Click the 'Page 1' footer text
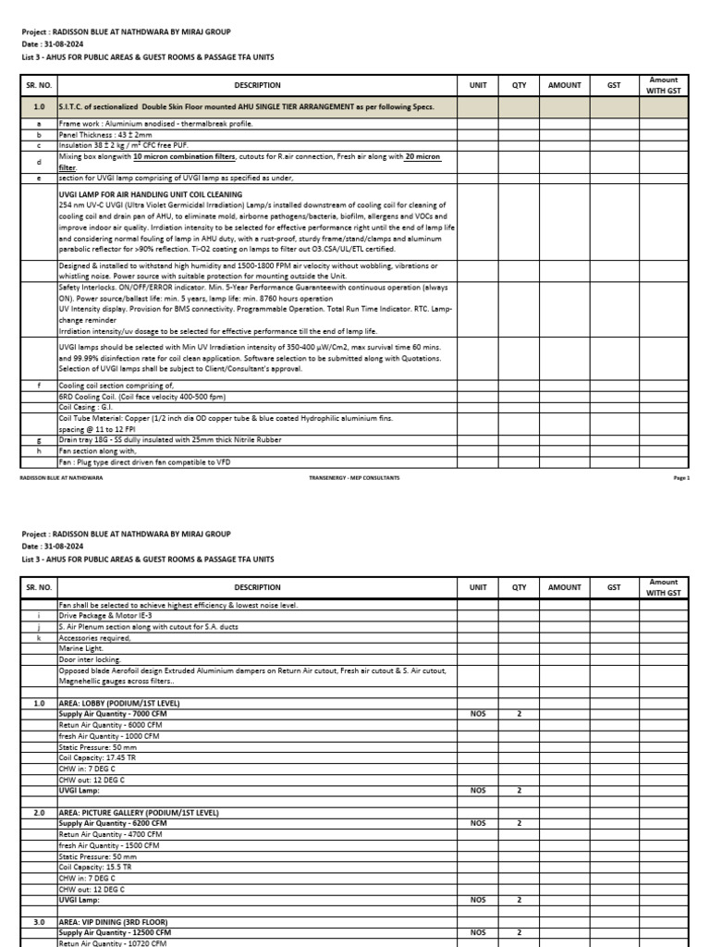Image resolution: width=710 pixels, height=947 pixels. (682, 477)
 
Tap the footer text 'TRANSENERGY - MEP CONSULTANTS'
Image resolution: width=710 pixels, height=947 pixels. (354, 477)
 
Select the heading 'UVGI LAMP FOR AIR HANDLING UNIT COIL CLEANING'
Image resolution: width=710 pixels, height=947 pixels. (150, 194)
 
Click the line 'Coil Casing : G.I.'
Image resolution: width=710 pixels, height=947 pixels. (86, 406)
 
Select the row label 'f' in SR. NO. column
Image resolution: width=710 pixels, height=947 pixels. (38, 385)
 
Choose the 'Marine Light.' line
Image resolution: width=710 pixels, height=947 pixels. (81, 648)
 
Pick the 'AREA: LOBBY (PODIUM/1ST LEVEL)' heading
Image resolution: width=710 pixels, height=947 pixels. (119, 704)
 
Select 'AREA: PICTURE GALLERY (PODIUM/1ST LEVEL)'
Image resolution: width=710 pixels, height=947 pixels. (139, 812)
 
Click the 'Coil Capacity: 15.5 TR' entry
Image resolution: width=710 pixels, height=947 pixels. (95, 867)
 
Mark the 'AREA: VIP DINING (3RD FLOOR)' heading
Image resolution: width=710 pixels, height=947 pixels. (114, 922)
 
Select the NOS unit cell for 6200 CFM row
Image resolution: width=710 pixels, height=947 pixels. (478, 823)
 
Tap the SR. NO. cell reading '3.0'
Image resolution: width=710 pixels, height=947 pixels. (39, 922)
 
